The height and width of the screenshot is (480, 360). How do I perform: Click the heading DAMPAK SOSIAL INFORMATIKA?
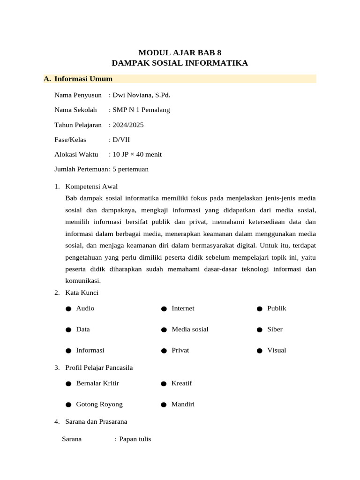coord(180,63)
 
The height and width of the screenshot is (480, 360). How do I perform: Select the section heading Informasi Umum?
coord(83,79)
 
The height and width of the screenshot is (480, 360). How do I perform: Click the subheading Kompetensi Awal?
coord(91,186)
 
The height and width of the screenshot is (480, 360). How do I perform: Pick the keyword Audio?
coord(85,308)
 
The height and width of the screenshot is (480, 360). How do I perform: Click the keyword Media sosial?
coord(190,329)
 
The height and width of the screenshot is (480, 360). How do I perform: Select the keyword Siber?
coord(275,329)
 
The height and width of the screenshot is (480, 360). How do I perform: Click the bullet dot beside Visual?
coord(259,351)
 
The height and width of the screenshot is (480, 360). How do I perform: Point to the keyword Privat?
coord(180,350)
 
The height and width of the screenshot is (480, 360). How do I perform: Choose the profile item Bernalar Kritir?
coord(97,383)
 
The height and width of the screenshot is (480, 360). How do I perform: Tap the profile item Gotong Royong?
coord(99,404)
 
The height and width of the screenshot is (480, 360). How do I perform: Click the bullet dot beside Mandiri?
coord(164,405)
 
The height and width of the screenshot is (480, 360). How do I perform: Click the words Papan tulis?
coord(135,439)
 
